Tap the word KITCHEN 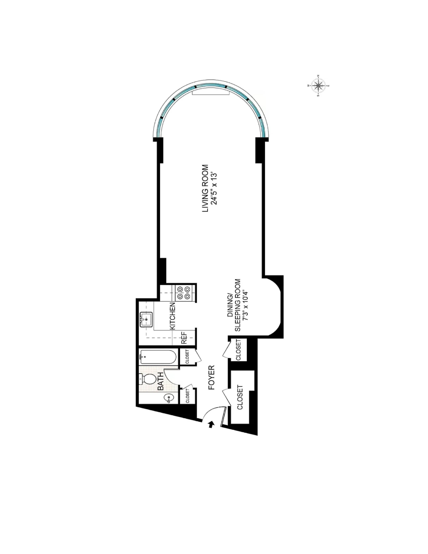tap(172, 316)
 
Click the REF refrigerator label tap(184, 338)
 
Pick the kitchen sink tap(146, 320)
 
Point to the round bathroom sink tap(168, 399)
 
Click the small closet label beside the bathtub tap(187, 357)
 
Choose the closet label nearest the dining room tap(238, 350)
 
